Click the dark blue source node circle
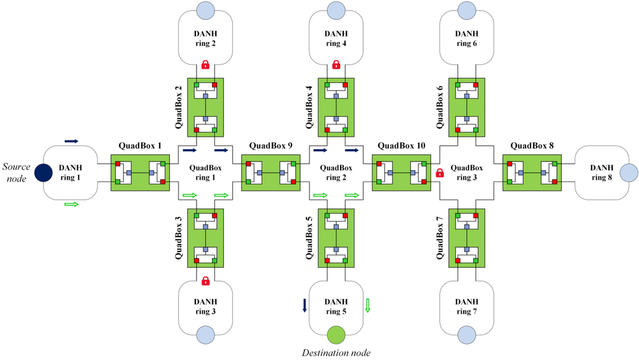(x=43, y=172)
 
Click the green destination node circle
(x=336, y=335)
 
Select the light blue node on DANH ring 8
(x=628, y=172)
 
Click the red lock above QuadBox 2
(x=205, y=64)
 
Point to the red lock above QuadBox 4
(x=336, y=64)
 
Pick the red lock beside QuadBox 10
(x=439, y=173)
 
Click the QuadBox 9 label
(x=270, y=146)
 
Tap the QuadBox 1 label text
(x=140, y=146)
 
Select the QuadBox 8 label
(x=531, y=146)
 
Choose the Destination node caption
(x=336, y=353)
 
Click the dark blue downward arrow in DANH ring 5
(x=305, y=306)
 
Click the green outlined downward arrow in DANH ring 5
(x=368, y=306)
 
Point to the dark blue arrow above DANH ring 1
(x=71, y=142)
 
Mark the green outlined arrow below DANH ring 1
(x=71, y=204)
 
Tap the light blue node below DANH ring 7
(x=466, y=335)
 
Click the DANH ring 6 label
(x=466, y=38)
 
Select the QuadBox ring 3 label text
(x=466, y=172)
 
